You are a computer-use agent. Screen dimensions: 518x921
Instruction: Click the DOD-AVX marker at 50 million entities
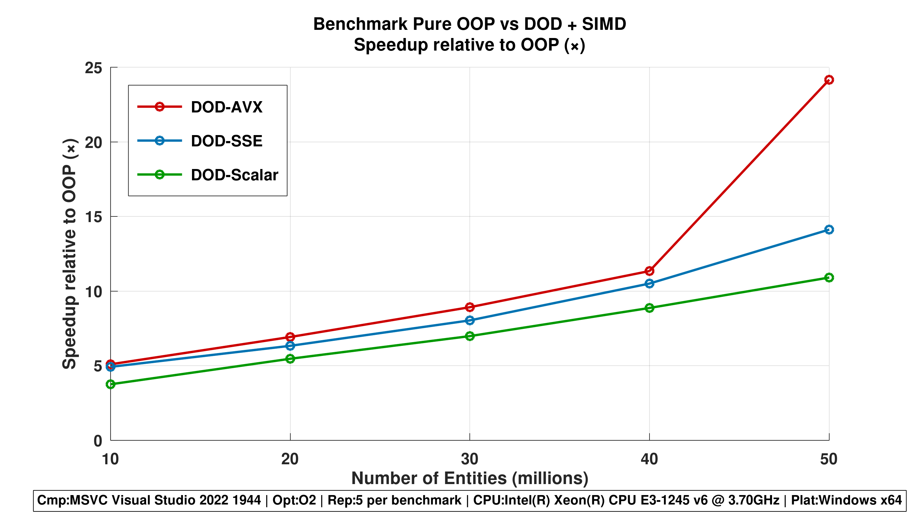click(829, 80)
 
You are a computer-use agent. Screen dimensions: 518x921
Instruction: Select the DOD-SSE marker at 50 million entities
click(829, 230)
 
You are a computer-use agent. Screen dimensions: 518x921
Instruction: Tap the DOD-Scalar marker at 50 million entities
click(829, 277)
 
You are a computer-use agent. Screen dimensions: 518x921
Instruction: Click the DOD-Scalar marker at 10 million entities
click(111, 384)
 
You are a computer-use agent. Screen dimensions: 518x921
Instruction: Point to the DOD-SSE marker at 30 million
click(470, 320)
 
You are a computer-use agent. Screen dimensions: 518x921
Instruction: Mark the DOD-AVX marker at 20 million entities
click(290, 337)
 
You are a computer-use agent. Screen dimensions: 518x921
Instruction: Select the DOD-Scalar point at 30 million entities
click(470, 336)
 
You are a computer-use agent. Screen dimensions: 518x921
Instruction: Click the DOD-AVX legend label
click(227, 107)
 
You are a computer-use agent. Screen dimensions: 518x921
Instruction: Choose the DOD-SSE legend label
click(227, 141)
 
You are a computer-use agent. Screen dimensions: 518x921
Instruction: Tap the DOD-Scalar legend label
click(234, 175)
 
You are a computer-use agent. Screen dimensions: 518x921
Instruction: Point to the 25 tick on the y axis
click(93, 68)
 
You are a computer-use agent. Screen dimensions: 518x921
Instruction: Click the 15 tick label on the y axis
click(93, 217)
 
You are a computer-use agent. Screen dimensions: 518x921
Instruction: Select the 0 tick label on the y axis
click(98, 441)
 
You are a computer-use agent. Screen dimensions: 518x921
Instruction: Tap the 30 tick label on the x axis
click(469, 459)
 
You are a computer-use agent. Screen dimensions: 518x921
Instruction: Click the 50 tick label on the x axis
click(829, 459)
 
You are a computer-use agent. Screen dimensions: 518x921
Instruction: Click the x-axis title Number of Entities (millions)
click(469, 478)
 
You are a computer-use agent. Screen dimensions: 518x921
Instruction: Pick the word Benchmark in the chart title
click(360, 24)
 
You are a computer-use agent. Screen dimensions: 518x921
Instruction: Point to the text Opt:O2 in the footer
click(294, 500)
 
